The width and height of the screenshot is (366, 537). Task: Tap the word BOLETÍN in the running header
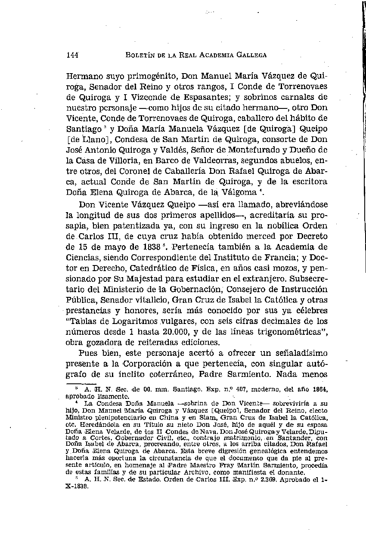coord(140,55)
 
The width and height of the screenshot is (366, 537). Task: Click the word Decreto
coord(311,236)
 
